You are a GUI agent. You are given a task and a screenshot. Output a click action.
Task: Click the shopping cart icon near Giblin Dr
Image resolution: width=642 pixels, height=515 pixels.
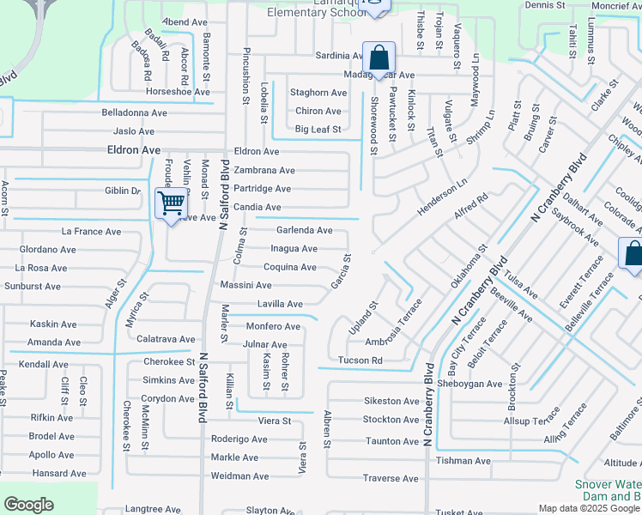point(171,203)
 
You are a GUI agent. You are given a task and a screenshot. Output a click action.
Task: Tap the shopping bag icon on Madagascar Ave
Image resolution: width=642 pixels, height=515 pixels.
point(379,58)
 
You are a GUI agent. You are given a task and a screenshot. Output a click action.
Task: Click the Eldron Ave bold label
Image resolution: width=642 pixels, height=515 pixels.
point(134,149)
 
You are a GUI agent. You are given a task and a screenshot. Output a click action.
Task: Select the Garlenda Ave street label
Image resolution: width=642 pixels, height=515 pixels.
point(304,230)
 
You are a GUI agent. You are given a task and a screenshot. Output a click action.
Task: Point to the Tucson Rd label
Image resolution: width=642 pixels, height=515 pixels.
point(360,360)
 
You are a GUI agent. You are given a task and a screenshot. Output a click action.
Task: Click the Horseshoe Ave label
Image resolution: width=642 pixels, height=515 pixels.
point(178,92)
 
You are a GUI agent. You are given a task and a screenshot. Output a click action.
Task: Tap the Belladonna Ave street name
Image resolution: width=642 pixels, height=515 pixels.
point(134,112)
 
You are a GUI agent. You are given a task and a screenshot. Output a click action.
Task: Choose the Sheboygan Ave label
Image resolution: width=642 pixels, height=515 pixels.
point(470,384)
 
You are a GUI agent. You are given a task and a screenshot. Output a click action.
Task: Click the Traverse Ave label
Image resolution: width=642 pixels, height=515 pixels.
point(391,478)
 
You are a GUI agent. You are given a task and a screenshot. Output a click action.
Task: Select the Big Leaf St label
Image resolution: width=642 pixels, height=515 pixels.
point(318,130)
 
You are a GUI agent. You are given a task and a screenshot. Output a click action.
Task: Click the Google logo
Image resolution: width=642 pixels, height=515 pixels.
point(28,505)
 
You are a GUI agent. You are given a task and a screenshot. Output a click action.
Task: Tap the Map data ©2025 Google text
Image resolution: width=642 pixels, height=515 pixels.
point(589,508)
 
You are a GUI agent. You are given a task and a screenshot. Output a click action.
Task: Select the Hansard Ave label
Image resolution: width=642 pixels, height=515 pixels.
point(58,473)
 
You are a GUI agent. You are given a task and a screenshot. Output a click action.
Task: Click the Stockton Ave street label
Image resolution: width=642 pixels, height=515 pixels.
point(391,420)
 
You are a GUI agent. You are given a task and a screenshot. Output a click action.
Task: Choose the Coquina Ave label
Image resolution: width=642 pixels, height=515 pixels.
point(289,267)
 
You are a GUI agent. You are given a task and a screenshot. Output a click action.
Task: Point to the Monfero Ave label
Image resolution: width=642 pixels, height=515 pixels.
point(273,326)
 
